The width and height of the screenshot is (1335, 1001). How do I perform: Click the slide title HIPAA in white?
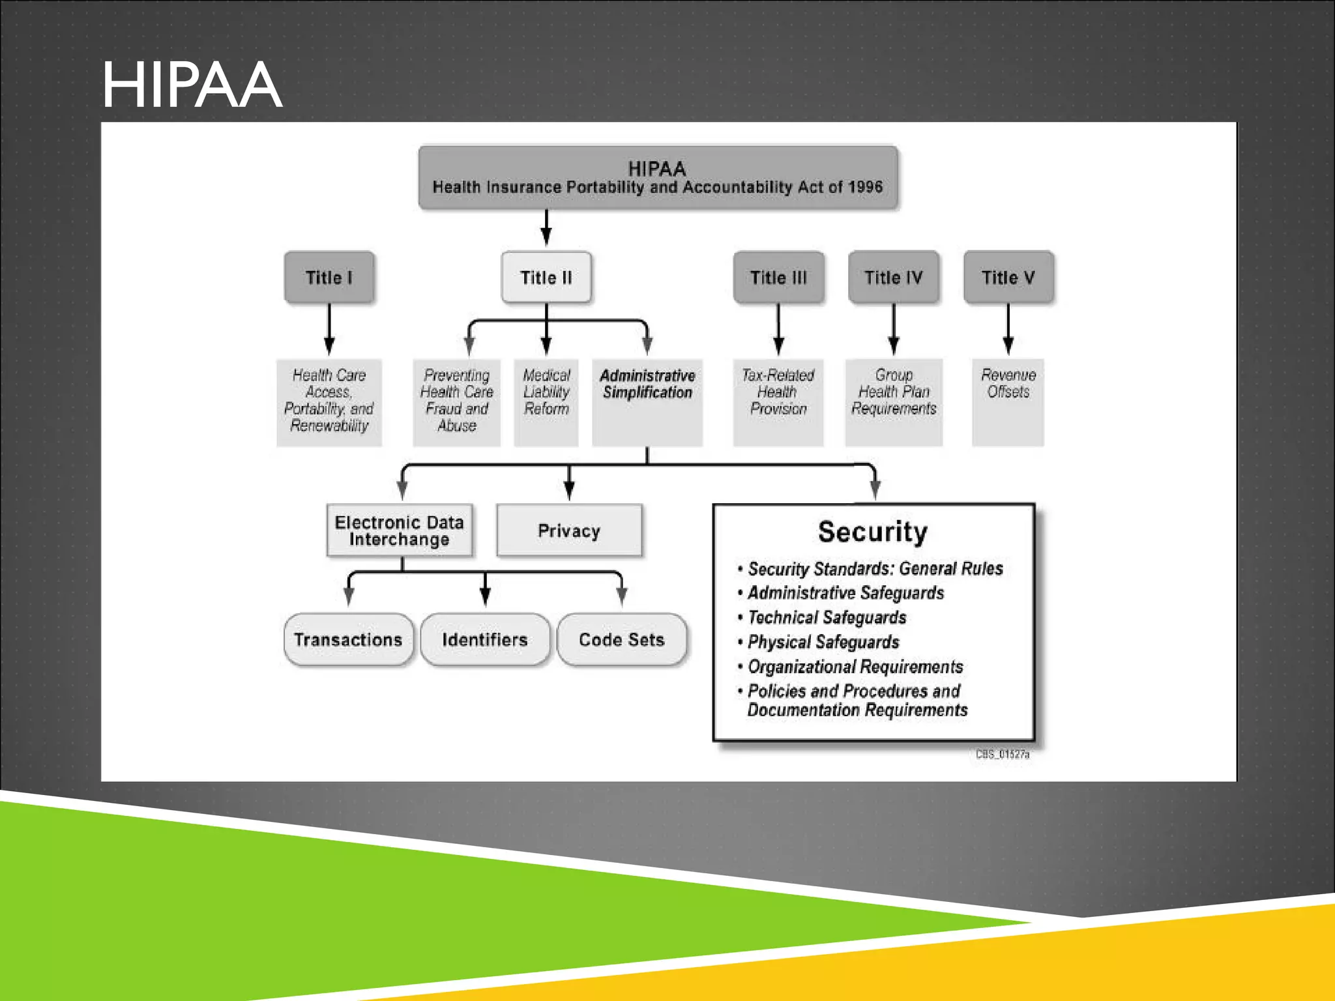[192, 85]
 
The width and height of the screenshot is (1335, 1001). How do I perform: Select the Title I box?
[329, 278]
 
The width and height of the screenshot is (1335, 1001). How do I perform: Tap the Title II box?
[546, 278]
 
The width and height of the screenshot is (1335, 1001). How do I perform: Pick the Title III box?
[778, 278]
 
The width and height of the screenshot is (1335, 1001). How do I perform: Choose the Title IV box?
[893, 278]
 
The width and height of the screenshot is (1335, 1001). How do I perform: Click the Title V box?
[1008, 278]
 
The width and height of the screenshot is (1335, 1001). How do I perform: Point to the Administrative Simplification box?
[647, 401]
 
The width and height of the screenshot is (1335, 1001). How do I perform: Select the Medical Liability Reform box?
[546, 401]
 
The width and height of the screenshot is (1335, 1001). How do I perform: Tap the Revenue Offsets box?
[1008, 401]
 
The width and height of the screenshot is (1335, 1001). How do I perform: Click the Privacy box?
[569, 530]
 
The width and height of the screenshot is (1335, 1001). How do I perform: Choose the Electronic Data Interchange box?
[399, 530]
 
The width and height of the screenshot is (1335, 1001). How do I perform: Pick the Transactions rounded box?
[348, 639]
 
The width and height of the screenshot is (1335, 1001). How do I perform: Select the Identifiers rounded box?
[485, 639]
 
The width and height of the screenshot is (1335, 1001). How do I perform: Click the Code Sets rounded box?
[622, 639]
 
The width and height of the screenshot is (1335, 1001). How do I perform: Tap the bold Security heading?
[873, 532]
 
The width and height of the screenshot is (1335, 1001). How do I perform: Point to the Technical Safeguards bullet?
[827, 617]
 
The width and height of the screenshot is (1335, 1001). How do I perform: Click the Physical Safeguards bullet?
[823, 642]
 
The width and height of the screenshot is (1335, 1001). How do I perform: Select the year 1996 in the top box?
[866, 188]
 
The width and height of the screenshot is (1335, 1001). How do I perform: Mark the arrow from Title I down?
[329, 330]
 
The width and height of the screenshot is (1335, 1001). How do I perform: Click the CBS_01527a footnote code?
[1003, 755]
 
